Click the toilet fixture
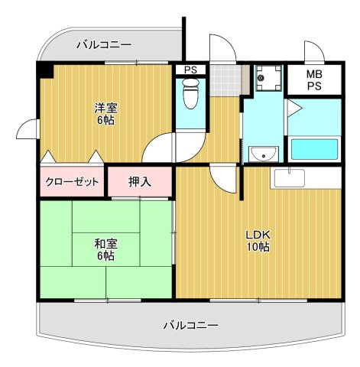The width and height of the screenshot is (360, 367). [x=190, y=93]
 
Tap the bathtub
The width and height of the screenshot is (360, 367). [x=314, y=149]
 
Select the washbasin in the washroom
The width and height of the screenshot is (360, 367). [x=264, y=153]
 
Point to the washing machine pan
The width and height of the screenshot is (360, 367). [x=268, y=78]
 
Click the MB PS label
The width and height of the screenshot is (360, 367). [x=314, y=80]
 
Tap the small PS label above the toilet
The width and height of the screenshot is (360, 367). [x=191, y=70]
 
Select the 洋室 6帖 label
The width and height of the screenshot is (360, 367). [x=105, y=114]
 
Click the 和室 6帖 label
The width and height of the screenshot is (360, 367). [x=105, y=250]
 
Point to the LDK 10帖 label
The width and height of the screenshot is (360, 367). [x=258, y=241]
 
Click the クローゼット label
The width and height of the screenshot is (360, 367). [x=72, y=182]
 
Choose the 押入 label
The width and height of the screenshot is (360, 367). [x=140, y=182]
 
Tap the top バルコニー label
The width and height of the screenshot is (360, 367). [x=105, y=45]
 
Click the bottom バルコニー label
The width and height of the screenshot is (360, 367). [x=191, y=325]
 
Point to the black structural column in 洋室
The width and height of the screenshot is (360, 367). [x=45, y=70]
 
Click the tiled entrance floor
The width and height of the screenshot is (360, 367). [x=225, y=80]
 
